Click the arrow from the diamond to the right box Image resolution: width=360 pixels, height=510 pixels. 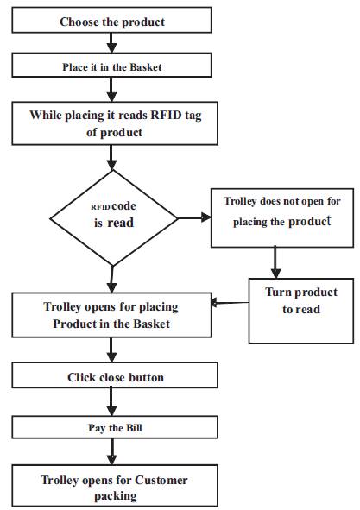[x=194, y=217]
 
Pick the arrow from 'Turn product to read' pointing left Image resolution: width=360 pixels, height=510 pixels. [x=230, y=303]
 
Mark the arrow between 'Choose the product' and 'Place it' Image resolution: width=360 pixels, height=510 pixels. [x=111, y=43]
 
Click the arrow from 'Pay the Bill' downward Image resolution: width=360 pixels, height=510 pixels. [x=112, y=451]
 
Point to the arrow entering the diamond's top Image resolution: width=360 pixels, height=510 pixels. [x=111, y=158]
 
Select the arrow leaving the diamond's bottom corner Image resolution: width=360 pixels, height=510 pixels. [x=112, y=280]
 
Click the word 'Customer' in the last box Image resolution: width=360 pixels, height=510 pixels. [x=161, y=480]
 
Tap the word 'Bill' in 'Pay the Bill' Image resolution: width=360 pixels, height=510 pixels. [x=134, y=428]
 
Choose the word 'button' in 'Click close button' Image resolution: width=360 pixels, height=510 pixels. [x=146, y=377]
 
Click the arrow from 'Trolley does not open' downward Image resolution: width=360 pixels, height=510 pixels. [x=275, y=262]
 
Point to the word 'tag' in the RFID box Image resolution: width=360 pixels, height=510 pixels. [x=193, y=116]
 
